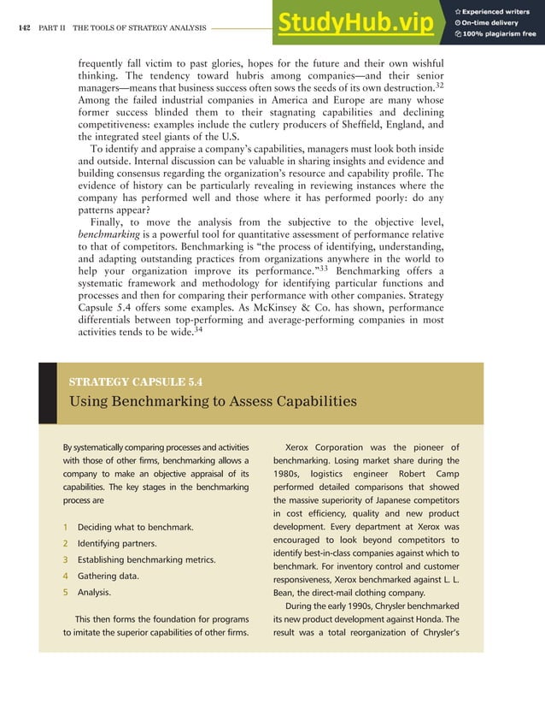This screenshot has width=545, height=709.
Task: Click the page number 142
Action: pos(23,28)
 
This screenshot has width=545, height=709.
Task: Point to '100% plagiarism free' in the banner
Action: pos(500,34)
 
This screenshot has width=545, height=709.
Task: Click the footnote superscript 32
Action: pos(438,84)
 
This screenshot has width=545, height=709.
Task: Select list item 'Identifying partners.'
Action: pos(118,543)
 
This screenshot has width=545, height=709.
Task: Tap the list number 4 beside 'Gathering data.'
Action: pos(65,576)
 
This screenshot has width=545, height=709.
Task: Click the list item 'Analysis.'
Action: pos(94,592)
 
